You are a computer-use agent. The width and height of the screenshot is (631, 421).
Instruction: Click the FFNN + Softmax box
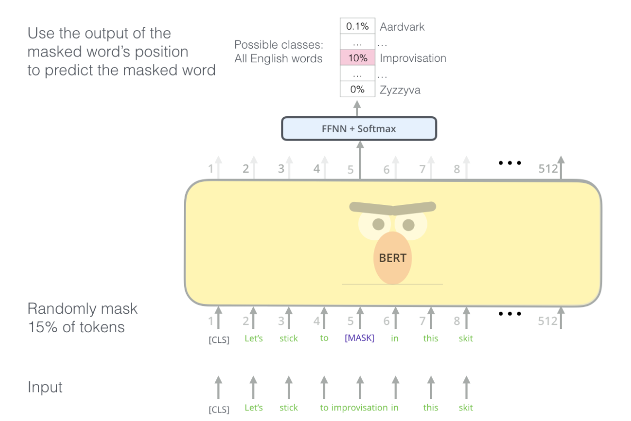359,129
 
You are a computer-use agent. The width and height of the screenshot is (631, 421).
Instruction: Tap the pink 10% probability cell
358,58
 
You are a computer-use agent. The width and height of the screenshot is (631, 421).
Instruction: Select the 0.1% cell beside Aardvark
358,26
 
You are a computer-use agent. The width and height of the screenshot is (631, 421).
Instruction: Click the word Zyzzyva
400,90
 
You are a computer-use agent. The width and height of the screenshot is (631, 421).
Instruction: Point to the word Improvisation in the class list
413,58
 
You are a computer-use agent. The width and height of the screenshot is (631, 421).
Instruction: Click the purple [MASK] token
359,338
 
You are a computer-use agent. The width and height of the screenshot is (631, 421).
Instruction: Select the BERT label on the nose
392,258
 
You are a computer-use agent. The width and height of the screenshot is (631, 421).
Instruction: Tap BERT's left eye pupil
378,224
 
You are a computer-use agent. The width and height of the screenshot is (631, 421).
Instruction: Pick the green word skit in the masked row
465,338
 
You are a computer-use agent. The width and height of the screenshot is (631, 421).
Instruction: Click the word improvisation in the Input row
359,407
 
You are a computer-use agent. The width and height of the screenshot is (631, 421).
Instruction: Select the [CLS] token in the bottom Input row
218,408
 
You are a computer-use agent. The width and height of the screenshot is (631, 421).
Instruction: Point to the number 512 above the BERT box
548,169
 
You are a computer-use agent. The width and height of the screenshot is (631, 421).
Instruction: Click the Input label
45,387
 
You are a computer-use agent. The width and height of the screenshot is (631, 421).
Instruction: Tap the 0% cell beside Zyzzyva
358,90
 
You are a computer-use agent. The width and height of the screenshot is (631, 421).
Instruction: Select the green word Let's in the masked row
253,338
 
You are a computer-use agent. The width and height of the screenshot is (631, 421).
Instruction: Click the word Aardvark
402,26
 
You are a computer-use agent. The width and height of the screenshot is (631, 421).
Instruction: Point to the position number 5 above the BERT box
350,170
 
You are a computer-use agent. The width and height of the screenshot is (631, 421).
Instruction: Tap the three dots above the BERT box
510,163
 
